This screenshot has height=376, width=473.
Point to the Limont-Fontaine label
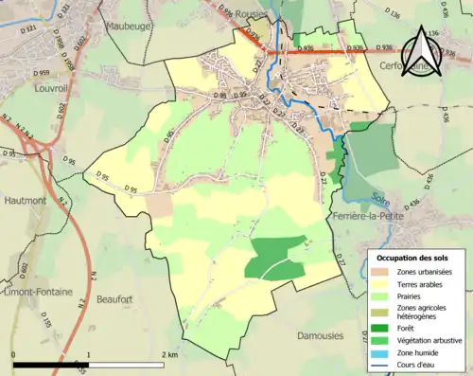pyautogui.click(x=35, y=292)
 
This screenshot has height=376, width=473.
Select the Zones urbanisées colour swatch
pyautogui.click(x=382, y=271)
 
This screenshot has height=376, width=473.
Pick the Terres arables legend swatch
pyautogui.click(x=382, y=283)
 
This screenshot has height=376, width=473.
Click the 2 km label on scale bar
pyautogui.click(x=169, y=354)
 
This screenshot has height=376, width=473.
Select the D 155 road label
pyautogui.click(x=47, y=323)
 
